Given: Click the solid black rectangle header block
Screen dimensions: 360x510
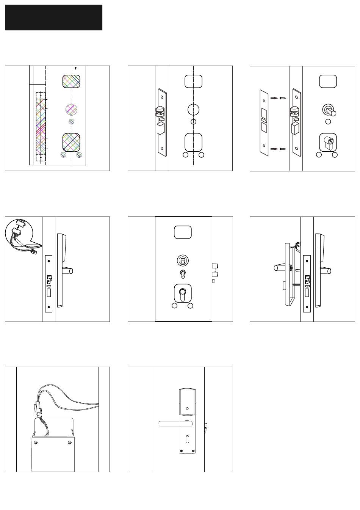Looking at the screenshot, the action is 54,17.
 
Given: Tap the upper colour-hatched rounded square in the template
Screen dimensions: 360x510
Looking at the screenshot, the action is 71,82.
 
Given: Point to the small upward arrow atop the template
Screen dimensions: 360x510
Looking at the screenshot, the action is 76,68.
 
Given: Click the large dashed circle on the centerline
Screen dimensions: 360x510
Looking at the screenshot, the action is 194,109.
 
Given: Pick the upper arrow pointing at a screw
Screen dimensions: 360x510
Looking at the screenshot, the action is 274,98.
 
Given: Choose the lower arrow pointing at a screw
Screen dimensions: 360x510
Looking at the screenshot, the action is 274,149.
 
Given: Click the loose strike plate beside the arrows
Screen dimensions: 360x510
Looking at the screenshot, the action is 264,122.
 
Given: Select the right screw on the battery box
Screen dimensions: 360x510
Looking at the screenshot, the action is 69,443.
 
